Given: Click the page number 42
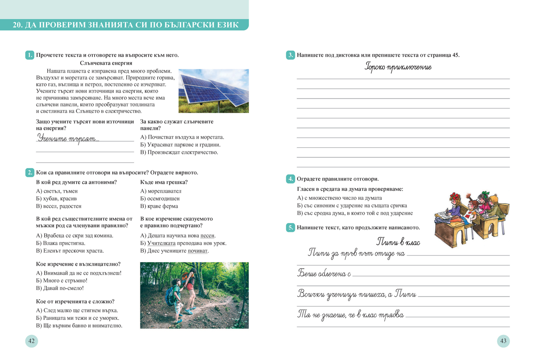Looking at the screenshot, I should (31, 341).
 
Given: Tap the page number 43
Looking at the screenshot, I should (503, 341).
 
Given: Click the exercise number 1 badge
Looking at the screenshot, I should (30, 55).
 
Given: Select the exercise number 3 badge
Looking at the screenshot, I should (290, 55).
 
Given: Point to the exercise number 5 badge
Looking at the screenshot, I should (290, 228).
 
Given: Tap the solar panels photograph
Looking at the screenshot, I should (214, 91).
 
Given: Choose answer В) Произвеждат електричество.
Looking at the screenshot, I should (179, 152).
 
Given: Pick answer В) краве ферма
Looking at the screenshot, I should (159, 206).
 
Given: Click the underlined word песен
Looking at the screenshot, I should (208, 236).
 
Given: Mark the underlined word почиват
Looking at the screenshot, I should (198, 251).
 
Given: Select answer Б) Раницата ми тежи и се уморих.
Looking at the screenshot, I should (78, 318).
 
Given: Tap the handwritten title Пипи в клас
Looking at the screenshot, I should (398, 242).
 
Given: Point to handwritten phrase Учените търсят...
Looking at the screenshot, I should (68, 138).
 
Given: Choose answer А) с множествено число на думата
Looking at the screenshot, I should (339, 198).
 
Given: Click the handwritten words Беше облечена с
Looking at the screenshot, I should (324, 273).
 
